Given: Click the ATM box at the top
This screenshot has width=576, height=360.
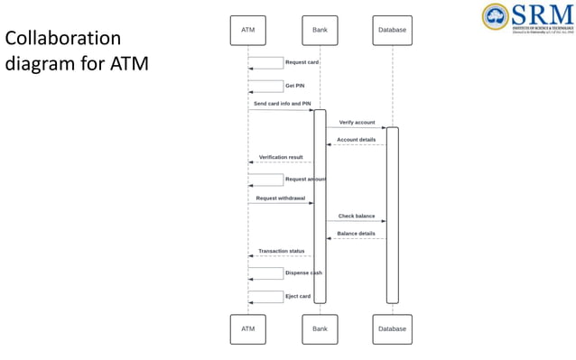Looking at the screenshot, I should (247, 30).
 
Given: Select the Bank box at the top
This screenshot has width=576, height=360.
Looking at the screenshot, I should (320, 30).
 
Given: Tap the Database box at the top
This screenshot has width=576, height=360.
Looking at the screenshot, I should (392, 30).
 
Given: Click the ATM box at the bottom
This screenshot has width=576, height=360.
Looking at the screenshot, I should (247, 328).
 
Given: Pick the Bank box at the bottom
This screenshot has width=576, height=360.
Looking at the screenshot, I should (320, 328).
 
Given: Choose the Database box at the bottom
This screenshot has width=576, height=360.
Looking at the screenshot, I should (392, 328).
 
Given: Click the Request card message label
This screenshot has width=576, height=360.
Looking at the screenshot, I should (302, 62).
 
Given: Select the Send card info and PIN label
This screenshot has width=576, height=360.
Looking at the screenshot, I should (281, 104).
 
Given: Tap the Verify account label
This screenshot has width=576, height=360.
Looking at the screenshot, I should (357, 122).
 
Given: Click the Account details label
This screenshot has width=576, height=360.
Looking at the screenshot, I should (356, 140).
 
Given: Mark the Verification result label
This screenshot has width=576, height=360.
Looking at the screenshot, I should (281, 157).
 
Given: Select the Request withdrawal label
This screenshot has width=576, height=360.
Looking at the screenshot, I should (280, 198).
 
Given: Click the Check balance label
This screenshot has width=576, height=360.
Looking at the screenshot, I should (357, 216).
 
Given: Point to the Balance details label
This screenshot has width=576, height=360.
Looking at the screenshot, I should (356, 234).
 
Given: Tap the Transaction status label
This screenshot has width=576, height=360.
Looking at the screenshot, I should (281, 251).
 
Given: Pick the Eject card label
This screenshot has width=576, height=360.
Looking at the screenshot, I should (298, 296).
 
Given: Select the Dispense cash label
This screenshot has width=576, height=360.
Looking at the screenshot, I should (303, 272).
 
